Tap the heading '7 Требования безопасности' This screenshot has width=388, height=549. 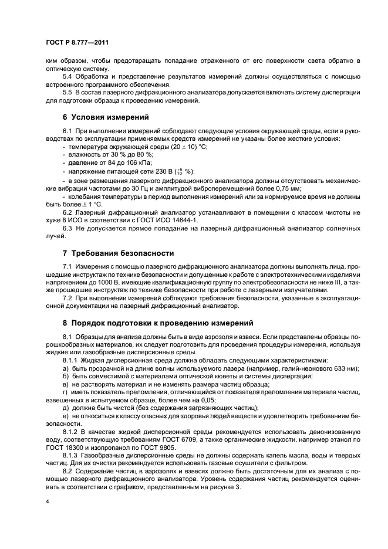pos(118,253)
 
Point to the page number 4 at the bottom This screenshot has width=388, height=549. pos(46,502)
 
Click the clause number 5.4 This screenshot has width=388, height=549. pos(68,77)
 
